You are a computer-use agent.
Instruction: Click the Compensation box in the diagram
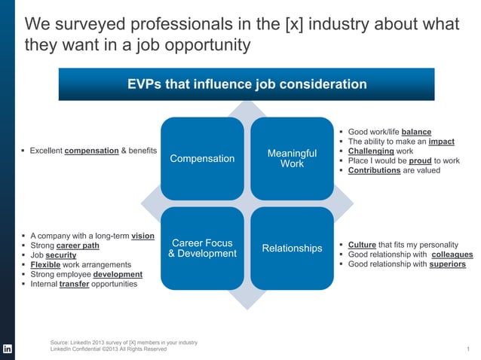click(x=202, y=159)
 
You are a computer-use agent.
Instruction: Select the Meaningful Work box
click(x=292, y=158)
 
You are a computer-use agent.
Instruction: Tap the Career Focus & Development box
click(x=202, y=248)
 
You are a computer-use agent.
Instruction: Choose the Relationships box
click(x=292, y=248)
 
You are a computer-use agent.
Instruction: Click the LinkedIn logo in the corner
click(x=8, y=349)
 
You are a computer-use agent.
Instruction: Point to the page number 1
click(x=468, y=349)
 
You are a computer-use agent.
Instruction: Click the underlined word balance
click(x=416, y=131)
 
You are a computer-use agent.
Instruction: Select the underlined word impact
click(x=441, y=141)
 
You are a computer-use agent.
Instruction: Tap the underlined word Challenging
click(x=371, y=151)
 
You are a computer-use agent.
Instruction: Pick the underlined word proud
click(x=420, y=160)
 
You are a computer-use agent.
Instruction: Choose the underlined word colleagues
click(x=452, y=255)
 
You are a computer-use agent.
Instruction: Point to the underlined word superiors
click(x=447, y=264)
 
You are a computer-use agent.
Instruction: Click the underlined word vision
click(x=142, y=236)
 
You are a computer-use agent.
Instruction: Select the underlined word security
click(x=61, y=255)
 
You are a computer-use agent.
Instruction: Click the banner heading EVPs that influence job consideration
click(x=247, y=84)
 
